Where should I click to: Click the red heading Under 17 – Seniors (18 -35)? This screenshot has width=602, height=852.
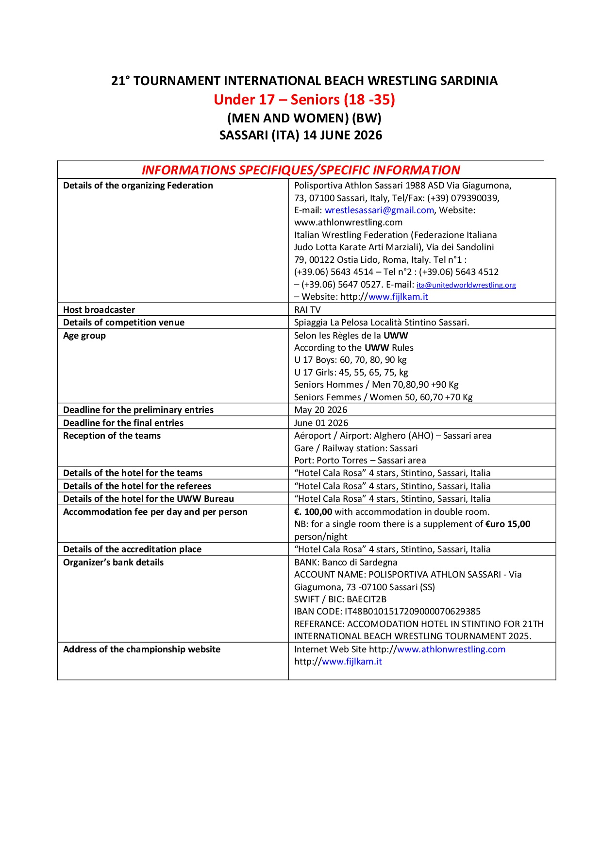[304, 100]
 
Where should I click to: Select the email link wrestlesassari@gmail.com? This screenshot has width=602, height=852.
[379, 210]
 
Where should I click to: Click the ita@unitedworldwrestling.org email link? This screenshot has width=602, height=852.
[466, 285]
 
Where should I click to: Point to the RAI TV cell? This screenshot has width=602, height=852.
[307, 310]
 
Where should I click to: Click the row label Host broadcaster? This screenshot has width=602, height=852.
[99, 310]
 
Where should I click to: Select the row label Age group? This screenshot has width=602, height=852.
[84, 336]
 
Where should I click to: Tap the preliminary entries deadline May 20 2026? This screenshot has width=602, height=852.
[320, 410]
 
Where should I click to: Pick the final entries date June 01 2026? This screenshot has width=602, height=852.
[321, 423]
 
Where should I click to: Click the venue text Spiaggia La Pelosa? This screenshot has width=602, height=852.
[331, 323]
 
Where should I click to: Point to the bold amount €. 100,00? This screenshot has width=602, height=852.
[313, 512]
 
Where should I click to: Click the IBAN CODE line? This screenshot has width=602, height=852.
[387, 612]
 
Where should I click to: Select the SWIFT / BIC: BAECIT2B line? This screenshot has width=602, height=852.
[340, 599]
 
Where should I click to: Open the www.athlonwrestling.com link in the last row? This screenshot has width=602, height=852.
[451, 649]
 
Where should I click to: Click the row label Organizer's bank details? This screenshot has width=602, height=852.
[113, 562]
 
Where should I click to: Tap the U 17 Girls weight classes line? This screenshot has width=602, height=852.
[351, 373]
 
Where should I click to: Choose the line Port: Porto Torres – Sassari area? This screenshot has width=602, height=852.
[360, 460]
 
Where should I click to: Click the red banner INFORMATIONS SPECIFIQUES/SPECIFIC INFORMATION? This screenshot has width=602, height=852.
[301, 170]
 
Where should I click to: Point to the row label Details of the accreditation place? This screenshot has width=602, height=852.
[132, 549]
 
